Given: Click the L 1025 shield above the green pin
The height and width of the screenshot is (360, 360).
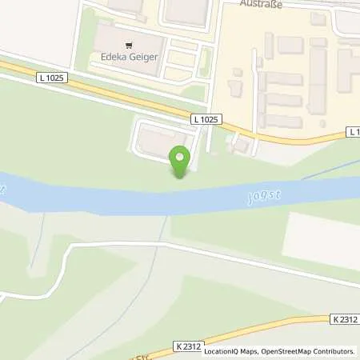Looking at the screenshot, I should [x=206, y=119].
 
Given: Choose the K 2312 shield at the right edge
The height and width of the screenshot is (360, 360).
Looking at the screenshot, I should [x=342, y=318].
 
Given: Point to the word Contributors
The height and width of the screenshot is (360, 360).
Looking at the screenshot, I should [x=334, y=351].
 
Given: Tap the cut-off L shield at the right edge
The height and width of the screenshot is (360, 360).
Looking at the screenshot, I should [x=354, y=130].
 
